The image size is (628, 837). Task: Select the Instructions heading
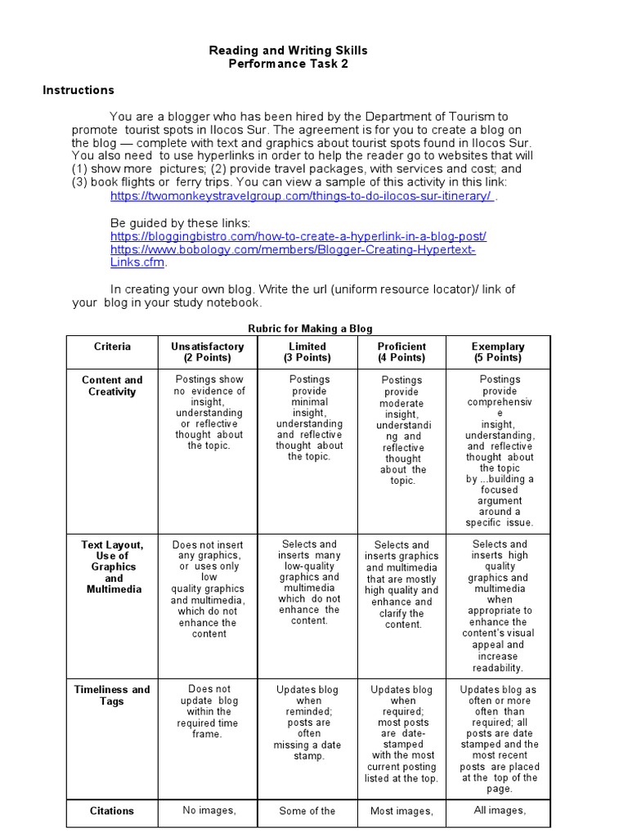(x=78, y=90)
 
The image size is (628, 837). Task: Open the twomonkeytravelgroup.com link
(x=302, y=196)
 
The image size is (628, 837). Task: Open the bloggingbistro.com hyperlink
(x=298, y=236)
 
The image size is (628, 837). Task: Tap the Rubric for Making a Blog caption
(x=310, y=329)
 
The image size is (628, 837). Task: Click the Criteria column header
(x=112, y=347)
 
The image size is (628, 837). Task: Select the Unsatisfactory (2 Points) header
(x=208, y=352)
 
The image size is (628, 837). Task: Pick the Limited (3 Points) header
(x=307, y=352)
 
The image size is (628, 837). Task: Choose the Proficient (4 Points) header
(x=402, y=352)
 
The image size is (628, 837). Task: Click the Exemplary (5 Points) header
(x=498, y=352)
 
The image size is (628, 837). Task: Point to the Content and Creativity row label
(x=112, y=386)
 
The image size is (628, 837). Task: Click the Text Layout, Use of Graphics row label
(x=112, y=566)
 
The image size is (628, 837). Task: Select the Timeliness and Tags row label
(x=112, y=695)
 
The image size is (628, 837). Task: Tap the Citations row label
(x=112, y=811)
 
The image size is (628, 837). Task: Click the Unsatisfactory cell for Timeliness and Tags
(x=208, y=711)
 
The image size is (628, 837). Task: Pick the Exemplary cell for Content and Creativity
(x=499, y=450)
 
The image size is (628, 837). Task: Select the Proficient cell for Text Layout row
(x=402, y=584)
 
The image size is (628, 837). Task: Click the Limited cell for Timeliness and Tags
(x=307, y=723)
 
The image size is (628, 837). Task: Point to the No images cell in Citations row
(x=208, y=811)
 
